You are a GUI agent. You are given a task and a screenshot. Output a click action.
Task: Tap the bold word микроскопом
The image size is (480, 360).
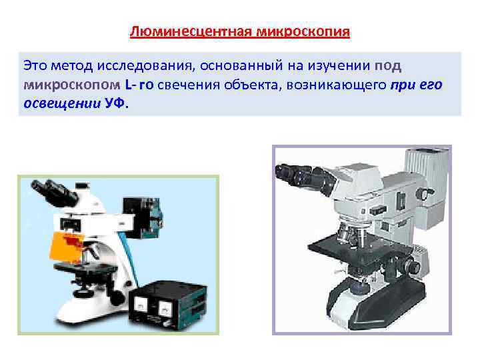point(71,86)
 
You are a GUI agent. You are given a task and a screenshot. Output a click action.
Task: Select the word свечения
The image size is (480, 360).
point(187,86)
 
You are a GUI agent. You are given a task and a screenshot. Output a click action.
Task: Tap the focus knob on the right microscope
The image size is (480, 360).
point(414,267)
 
